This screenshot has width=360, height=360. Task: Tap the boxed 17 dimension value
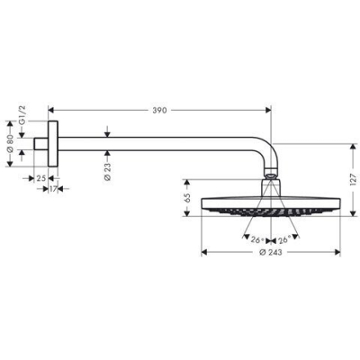[x=53, y=191]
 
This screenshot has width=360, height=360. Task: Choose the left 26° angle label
[x=256, y=240]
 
